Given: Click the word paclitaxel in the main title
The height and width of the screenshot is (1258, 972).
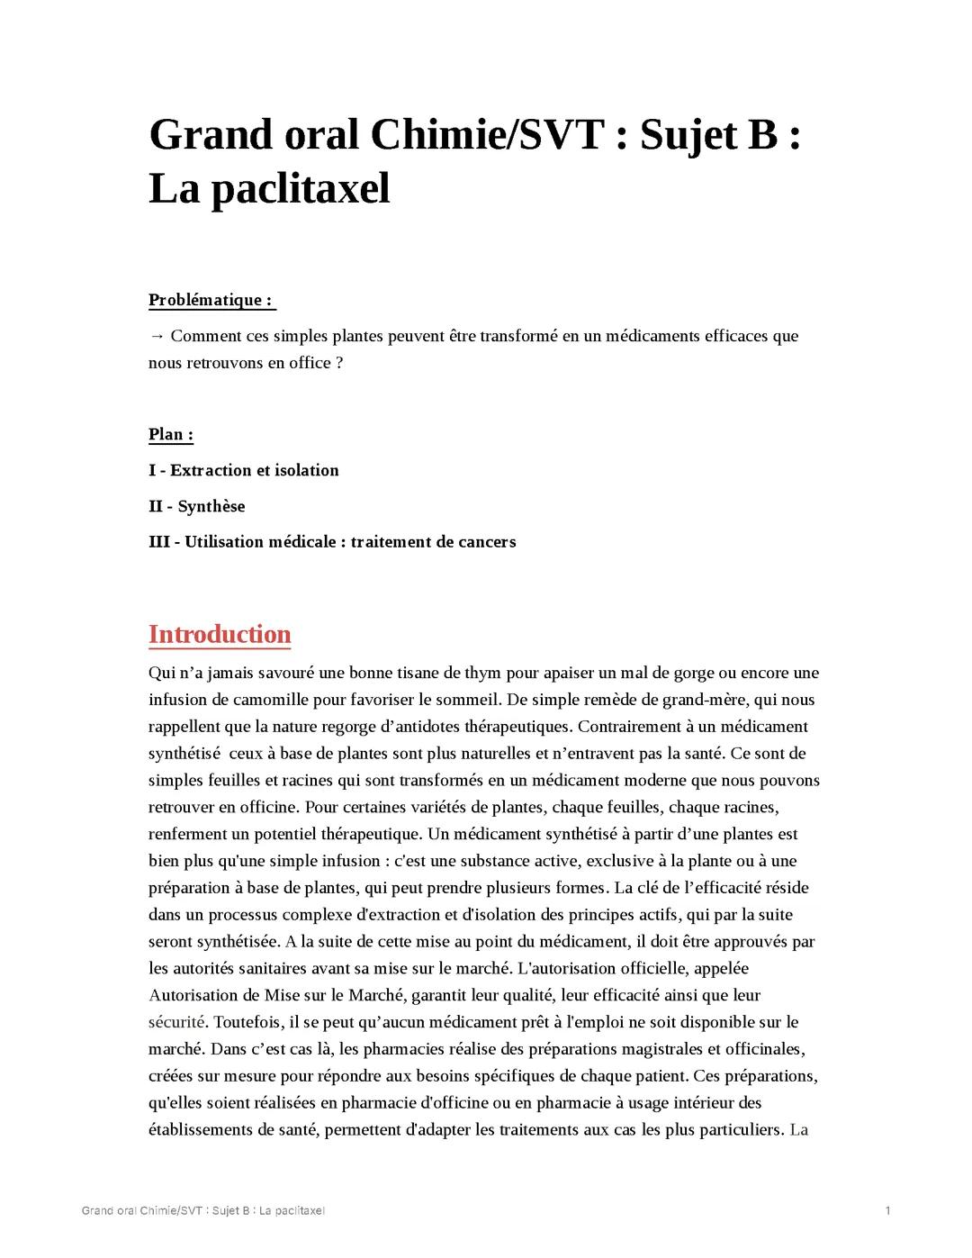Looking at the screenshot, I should [300, 189].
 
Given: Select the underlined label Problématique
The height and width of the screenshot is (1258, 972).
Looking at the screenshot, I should [211, 300].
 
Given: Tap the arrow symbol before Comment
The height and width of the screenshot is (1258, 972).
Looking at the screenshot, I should [157, 336].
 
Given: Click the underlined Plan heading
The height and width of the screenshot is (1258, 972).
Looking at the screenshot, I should [171, 434].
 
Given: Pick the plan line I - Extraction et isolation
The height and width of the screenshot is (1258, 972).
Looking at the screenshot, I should [243, 470].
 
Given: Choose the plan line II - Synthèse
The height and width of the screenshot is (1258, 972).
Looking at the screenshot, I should [196, 506].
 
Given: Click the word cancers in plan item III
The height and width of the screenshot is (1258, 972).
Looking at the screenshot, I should [487, 542].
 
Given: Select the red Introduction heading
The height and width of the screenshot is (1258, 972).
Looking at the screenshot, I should [220, 634].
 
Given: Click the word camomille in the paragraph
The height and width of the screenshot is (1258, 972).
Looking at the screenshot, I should [272, 700].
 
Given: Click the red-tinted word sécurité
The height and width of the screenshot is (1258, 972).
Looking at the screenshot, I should [176, 1022].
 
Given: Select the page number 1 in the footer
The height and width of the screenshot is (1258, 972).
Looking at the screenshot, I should [887, 1210].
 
